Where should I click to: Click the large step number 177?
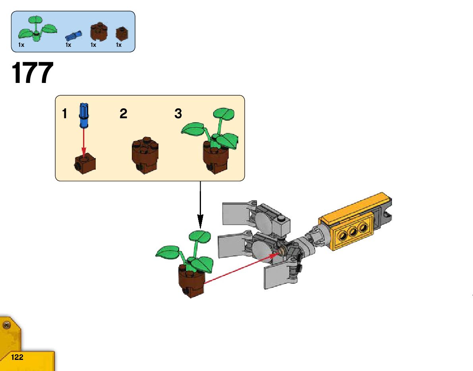click(33, 74)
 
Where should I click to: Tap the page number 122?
click(17, 357)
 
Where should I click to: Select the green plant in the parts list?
click(37, 29)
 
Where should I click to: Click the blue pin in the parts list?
click(74, 36)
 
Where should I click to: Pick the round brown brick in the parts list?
click(99, 31)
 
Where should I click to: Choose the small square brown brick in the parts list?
click(122, 33)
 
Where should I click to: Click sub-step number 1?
click(64, 114)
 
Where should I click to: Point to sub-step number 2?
click(124, 114)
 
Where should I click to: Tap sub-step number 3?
click(178, 114)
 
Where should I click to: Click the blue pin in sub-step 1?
click(84, 115)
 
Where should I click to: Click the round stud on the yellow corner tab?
click(6, 326)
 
